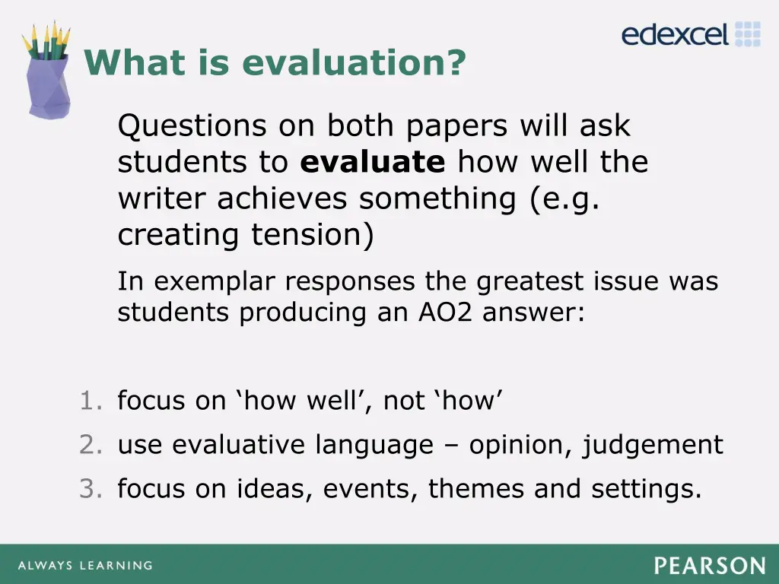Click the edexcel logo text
tap(676, 34)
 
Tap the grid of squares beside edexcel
tap(747, 34)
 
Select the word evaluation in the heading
tap(353, 62)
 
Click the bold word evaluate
tap(373, 162)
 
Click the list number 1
tap(89, 401)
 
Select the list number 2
tap(89, 445)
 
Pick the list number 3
tap(89, 489)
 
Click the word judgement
tap(653, 445)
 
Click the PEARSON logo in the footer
tap(710, 566)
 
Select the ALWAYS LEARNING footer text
tap(84, 566)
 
